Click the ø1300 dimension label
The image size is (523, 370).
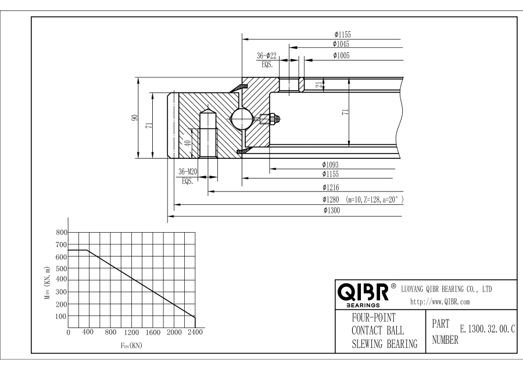click(x=331, y=211)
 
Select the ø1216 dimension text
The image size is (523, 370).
click(x=331, y=187)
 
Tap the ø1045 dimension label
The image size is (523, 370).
click(x=341, y=44)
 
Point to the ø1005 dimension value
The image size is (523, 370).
click(x=341, y=55)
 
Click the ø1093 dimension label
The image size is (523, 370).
click(x=331, y=165)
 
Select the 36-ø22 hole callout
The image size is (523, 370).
click(x=267, y=56)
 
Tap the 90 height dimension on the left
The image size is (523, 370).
click(x=135, y=118)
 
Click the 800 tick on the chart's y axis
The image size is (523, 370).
click(x=60, y=232)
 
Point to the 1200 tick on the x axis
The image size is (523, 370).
click(x=132, y=333)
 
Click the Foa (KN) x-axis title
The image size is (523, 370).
click(x=131, y=345)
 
